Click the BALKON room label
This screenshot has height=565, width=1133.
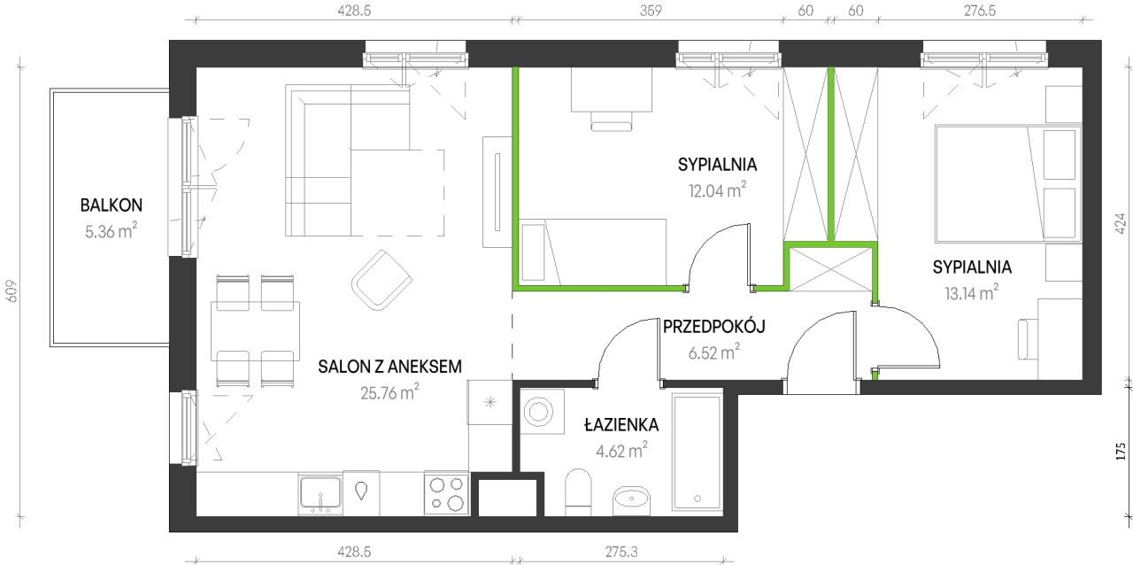click(112, 205)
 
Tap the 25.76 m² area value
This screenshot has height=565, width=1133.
click(389, 392)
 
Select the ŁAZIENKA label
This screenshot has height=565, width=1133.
click(621, 424)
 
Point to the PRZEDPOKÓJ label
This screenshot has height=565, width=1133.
click(713, 327)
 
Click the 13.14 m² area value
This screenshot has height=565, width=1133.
click(972, 292)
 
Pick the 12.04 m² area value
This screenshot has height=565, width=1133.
click(717, 190)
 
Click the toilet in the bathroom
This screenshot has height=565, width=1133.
click(578, 491)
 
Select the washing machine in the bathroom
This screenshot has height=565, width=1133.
click(542, 411)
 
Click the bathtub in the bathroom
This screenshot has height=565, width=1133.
click(698, 452)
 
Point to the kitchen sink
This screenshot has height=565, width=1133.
click(320, 493)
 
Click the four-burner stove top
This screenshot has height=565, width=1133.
click(446, 493)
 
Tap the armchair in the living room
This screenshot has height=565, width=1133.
click(382, 280)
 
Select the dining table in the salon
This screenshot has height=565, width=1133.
click(256, 331)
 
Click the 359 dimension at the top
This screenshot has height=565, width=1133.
click(651, 10)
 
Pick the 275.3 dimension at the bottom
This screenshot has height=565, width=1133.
click(621, 552)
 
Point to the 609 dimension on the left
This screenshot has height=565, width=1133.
click(12, 291)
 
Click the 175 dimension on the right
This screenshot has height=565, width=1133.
click(1121, 452)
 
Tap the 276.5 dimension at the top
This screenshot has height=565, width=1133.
click(980, 10)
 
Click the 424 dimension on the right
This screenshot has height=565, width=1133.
click(1121, 224)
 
